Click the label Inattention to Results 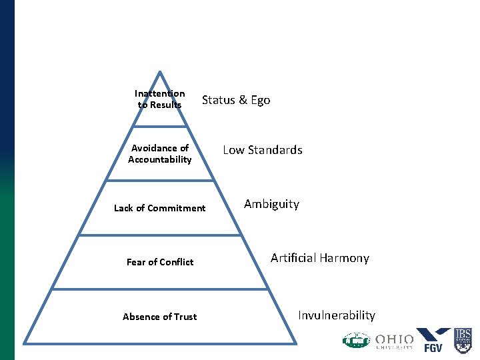click(x=159, y=99)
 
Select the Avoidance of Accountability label click(x=160, y=154)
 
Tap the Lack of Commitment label click(x=160, y=208)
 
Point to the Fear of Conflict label click(x=160, y=262)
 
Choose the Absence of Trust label click(x=160, y=317)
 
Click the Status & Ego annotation click(x=236, y=100)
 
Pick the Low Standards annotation click(x=262, y=150)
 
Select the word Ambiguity click(x=271, y=204)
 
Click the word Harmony click(x=346, y=258)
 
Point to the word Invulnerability click(x=337, y=315)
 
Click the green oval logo click(x=355, y=340)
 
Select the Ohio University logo click(x=395, y=341)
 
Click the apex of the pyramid click(x=160, y=71)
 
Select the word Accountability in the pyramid click(x=160, y=160)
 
